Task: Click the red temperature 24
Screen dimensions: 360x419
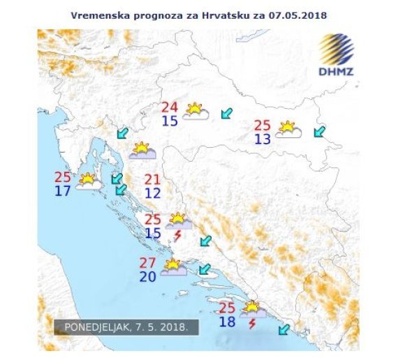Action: tap(170, 107)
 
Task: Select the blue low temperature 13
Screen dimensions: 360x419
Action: tap(263, 139)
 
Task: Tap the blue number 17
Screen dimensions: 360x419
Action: tap(62, 190)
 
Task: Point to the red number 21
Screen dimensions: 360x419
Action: tap(153, 179)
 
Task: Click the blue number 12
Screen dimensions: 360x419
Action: tap(153, 193)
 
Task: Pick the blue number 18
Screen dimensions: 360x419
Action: tap(227, 322)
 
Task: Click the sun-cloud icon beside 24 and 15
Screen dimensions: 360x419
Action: tap(196, 112)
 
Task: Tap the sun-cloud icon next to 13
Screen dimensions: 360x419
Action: tap(288, 130)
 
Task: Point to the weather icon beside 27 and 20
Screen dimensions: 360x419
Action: tap(173, 267)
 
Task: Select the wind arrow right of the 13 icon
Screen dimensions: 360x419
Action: tap(320, 130)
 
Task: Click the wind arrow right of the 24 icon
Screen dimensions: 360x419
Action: tap(226, 113)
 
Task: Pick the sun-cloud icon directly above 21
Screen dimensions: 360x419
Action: tap(142, 151)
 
